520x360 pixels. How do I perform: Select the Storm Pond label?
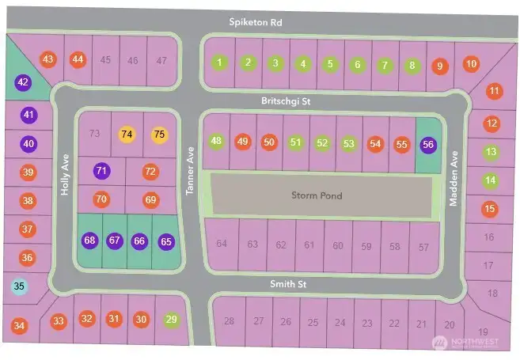click(x=317, y=195)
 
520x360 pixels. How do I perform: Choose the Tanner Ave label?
click(x=190, y=172)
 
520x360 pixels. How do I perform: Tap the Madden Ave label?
click(x=454, y=179)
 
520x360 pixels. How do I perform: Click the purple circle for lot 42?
click(x=23, y=82)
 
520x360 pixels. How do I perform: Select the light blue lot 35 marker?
click(x=19, y=286)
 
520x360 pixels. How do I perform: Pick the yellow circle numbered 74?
click(x=127, y=135)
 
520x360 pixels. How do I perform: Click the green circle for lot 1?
click(x=220, y=63)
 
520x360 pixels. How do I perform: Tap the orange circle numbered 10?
click(x=471, y=63)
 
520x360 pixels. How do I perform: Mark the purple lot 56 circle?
click(x=429, y=145)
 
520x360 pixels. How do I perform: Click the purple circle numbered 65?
click(x=165, y=241)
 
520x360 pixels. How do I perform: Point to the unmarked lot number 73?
click(x=95, y=134)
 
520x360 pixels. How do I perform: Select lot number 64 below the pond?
click(x=222, y=244)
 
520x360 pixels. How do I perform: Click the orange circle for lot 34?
click(x=20, y=325)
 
